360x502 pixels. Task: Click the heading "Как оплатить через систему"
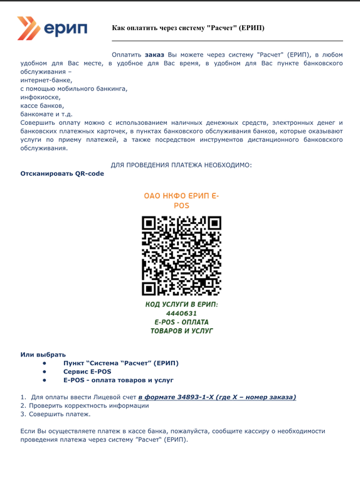[188, 28]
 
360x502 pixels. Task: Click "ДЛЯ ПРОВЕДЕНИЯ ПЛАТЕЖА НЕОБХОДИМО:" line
[181, 164]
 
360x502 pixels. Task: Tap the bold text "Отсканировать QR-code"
[63, 173]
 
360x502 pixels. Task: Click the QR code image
[181, 255]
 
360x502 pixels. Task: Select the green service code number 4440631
[181, 312]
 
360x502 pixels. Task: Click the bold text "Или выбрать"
[43, 355]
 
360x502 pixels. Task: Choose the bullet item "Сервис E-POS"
[87, 371]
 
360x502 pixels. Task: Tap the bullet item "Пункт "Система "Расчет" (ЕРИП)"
[120, 363]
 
